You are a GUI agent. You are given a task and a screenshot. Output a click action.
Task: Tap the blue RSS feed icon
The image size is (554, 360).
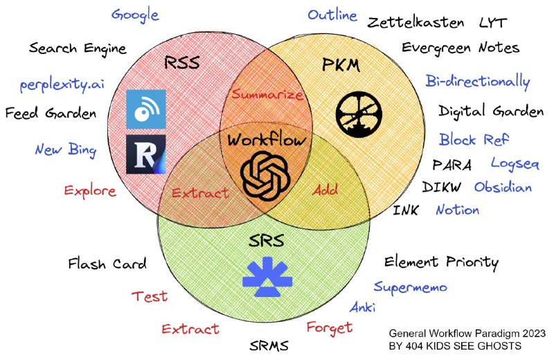tap(146, 109)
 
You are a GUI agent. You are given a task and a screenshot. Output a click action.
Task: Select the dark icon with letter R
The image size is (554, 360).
tap(146, 154)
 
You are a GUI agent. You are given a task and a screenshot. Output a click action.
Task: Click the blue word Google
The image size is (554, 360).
tap(135, 15)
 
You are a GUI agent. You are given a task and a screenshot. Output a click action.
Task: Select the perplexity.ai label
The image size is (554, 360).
tap(62, 86)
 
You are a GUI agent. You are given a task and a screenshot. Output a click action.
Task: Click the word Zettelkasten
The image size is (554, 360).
tap(415, 23)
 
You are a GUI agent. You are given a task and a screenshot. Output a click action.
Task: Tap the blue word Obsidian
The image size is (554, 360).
tap(503, 187)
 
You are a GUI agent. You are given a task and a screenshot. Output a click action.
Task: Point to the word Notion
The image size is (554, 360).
tap(457, 209)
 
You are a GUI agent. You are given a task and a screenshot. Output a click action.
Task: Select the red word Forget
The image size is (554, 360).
tap(330, 327)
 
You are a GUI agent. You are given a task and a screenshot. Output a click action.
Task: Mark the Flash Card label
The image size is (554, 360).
tap(107, 264)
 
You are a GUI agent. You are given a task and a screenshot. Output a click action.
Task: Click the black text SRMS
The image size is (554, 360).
tap(269, 345)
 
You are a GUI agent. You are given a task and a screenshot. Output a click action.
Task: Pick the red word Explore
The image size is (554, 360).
tap(90, 190)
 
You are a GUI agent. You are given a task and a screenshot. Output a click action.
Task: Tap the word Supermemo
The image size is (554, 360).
tap(410, 287)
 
